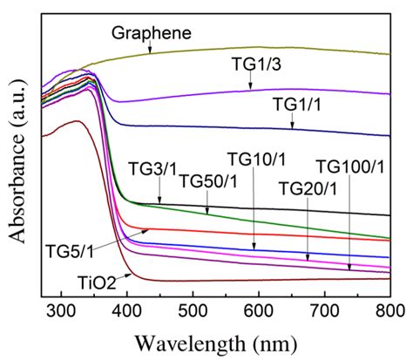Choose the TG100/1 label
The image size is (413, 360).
tap(349, 166)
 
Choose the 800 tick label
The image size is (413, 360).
tap(389, 309)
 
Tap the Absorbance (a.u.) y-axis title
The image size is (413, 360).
tap(15, 157)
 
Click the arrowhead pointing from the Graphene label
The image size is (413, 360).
tap(150, 52)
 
